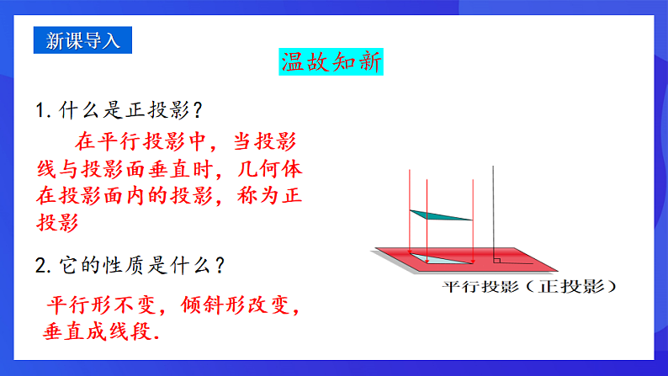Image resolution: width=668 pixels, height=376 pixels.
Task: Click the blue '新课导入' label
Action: (83, 40)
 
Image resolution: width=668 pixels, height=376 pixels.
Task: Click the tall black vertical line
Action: (494, 210)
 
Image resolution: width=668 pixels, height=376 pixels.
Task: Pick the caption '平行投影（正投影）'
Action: (530, 287)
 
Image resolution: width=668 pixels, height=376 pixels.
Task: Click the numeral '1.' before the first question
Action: (44, 110)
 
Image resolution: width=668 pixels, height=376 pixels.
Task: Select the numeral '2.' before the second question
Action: (44, 266)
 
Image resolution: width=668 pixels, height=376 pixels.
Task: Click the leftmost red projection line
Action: (408, 210)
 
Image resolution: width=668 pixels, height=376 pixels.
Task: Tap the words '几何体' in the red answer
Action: (273, 169)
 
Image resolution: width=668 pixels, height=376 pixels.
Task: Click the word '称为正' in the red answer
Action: (273, 197)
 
